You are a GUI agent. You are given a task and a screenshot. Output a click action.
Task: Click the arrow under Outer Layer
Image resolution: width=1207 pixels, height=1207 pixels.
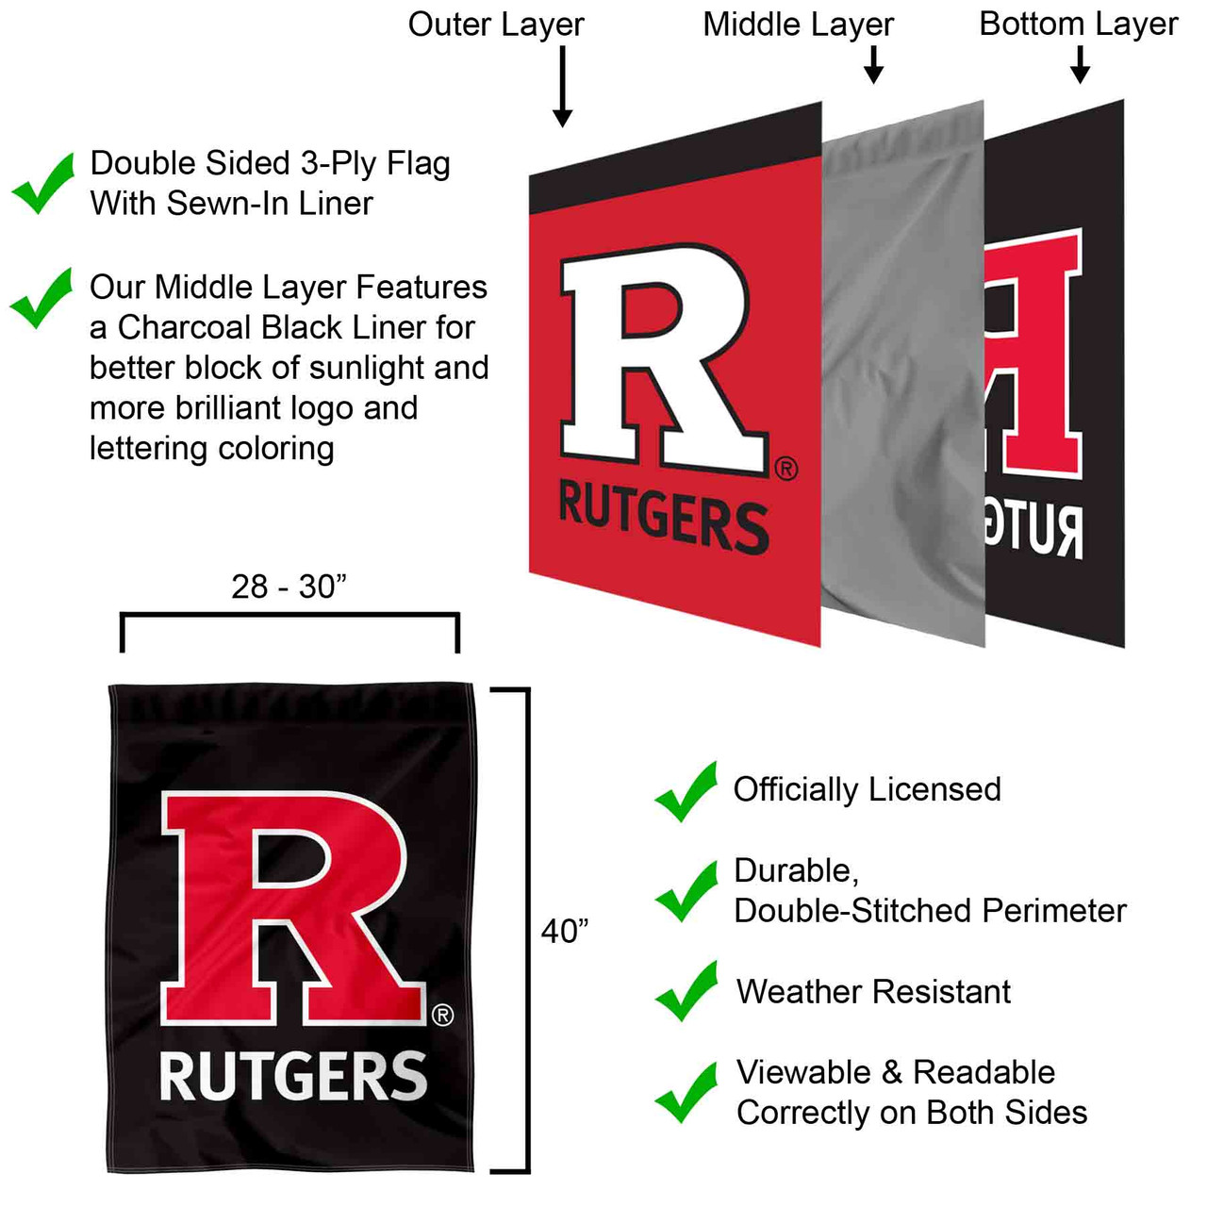(x=563, y=87)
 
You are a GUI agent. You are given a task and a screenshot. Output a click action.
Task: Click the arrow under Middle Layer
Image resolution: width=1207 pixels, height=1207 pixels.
(x=873, y=64)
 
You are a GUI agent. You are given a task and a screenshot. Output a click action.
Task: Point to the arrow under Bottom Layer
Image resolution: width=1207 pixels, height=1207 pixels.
(x=1081, y=64)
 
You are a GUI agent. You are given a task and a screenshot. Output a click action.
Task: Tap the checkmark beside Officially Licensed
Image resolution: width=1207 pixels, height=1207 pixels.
(x=686, y=791)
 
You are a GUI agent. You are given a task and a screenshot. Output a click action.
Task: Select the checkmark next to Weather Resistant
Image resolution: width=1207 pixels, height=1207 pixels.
(x=686, y=991)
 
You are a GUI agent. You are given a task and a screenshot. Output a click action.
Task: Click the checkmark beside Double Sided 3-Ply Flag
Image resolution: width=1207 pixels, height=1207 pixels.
(x=43, y=183)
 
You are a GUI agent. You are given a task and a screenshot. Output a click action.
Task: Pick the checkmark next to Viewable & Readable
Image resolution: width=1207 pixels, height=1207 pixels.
(x=686, y=1092)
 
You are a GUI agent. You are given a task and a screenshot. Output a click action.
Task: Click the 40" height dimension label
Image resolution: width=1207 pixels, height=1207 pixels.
(x=565, y=932)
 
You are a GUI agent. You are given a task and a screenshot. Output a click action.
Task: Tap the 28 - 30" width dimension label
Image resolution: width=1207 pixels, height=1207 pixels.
(x=289, y=587)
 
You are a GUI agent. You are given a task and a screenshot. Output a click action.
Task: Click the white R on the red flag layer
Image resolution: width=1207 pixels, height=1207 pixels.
(x=660, y=358)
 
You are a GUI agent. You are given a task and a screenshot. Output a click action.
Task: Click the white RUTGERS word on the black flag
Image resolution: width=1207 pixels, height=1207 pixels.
(x=293, y=1077)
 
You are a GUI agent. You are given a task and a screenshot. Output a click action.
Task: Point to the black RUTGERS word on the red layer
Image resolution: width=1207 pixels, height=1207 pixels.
(x=663, y=515)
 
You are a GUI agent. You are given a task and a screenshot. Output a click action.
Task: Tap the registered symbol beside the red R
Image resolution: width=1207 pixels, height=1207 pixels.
(x=442, y=1016)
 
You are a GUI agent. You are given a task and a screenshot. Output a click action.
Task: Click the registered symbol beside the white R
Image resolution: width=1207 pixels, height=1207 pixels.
(x=785, y=469)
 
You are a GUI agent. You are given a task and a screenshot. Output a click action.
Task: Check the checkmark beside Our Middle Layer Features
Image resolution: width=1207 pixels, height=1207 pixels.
(x=41, y=298)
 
